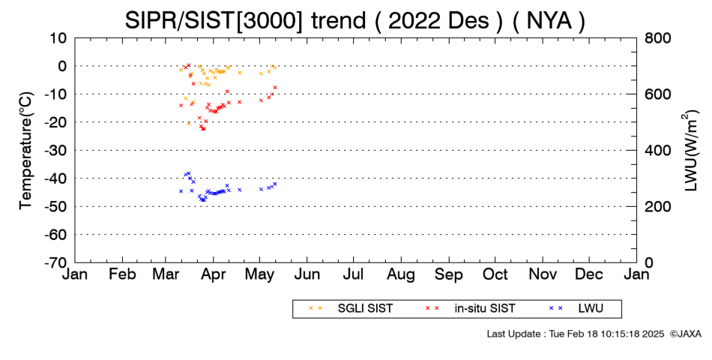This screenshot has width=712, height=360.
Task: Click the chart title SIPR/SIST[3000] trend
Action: [245, 20]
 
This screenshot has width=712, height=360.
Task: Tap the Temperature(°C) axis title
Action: [26, 151]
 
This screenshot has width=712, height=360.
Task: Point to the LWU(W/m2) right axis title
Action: [689, 151]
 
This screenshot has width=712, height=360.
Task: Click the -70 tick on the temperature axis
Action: [56, 262]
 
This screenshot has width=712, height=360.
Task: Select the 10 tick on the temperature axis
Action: [59, 38]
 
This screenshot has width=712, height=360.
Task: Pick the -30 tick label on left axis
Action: [56, 151]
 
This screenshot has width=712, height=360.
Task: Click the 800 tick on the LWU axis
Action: [658, 38]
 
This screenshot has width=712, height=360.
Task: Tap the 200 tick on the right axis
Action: [658, 206]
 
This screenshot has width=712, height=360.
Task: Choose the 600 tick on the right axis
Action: [658, 94]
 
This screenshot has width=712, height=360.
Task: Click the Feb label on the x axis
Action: [123, 274]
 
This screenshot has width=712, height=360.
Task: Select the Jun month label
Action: [307, 274]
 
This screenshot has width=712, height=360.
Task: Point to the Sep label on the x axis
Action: [449, 275]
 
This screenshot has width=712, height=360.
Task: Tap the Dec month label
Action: [589, 274]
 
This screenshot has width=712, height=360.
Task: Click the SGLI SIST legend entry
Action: [351, 309]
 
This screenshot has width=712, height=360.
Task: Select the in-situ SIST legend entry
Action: [470, 309]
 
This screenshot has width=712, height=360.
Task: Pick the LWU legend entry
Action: [576, 309]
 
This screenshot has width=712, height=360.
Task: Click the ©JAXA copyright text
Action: [685, 334]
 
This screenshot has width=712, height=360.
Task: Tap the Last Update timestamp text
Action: [576, 334]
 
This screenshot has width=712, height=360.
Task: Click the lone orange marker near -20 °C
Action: [188, 123]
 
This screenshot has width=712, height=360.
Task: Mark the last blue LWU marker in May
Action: [275, 184]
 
